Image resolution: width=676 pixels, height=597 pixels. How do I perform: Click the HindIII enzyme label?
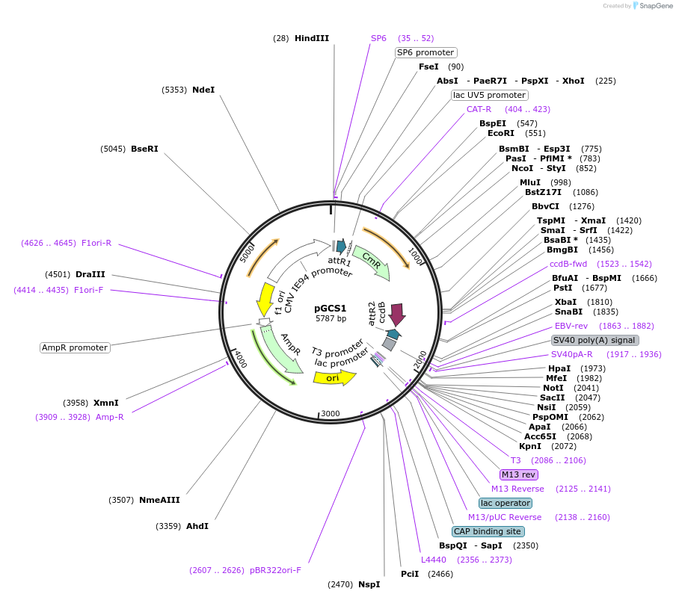tap(311, 38)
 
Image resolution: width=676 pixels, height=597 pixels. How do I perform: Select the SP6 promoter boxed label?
tap(425, 52)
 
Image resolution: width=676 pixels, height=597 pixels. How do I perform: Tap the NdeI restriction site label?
tap(203, 90)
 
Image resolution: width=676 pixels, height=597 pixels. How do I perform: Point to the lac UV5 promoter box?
tap(489, 95)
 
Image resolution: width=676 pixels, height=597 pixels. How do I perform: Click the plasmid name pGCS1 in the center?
tap(330, 308)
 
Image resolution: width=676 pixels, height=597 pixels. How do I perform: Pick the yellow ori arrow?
tap(334, 377)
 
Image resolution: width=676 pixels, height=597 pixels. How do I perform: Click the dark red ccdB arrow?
tap(396, 313)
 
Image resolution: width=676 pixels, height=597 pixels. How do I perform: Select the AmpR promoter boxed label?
tap(75, 347)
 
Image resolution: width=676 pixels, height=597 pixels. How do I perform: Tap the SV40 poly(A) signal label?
tap(594, 340)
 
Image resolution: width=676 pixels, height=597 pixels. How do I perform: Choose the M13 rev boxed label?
tap(519, 474)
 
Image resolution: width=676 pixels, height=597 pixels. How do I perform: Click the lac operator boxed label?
tap(506, 503)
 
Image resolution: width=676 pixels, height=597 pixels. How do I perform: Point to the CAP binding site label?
tap(488, 531)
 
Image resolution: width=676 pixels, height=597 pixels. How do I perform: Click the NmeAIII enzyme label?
tap(159, 500)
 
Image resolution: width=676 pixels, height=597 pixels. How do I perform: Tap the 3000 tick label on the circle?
tap(330, 413)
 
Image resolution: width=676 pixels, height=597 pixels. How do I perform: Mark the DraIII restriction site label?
tap(90, 274)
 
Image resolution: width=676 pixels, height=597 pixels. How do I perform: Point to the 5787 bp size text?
tap(331, 318)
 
